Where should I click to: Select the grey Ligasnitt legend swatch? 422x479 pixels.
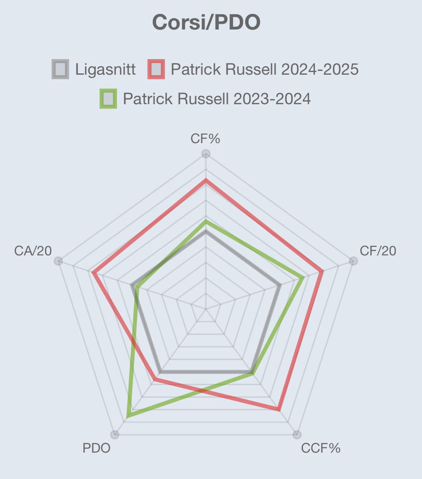[60, 69]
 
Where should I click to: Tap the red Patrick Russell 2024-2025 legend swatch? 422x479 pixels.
[156, 69]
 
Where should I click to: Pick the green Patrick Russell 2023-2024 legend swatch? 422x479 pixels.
[108, 98]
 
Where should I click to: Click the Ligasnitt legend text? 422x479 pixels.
[105, 69]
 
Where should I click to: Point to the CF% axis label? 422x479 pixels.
[205, 139]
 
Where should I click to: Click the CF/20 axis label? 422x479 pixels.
[378, 251]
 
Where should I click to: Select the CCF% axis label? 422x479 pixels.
[321, 448]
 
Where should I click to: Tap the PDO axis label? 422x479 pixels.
[96, 448]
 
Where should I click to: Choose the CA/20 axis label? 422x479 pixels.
[33, 251]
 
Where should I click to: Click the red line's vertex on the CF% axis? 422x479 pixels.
[206, 180]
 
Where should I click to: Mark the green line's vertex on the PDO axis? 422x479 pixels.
[128, 416]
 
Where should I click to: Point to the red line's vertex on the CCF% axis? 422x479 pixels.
[279, 409]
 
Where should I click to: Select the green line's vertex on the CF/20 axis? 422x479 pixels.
[303, 278]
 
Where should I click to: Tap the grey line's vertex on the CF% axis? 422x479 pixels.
[206, 232]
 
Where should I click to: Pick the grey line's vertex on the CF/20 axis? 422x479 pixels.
[280, 285]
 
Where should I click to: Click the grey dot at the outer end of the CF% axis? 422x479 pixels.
[206, 154]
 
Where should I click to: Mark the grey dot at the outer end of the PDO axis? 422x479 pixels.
[115, 434]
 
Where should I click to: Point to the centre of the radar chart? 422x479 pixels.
[206, 309]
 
